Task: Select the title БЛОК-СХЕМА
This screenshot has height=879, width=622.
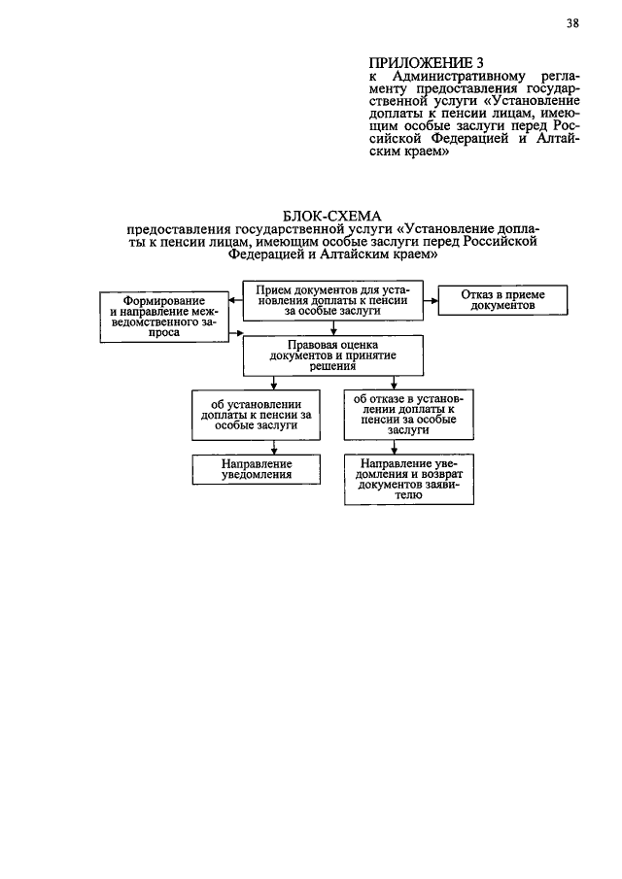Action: [x=332, y=214]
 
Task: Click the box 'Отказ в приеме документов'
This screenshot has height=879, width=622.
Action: [x=502, y=299]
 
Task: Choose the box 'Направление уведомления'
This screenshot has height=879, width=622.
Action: [x=256, y=470]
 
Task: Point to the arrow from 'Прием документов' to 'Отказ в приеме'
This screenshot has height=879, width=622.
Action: [x=430, y=300]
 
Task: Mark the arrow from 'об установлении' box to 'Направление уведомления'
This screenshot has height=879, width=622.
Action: [x=276, y=448]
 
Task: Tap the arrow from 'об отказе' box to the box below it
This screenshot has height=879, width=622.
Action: [x=393, y=448]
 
